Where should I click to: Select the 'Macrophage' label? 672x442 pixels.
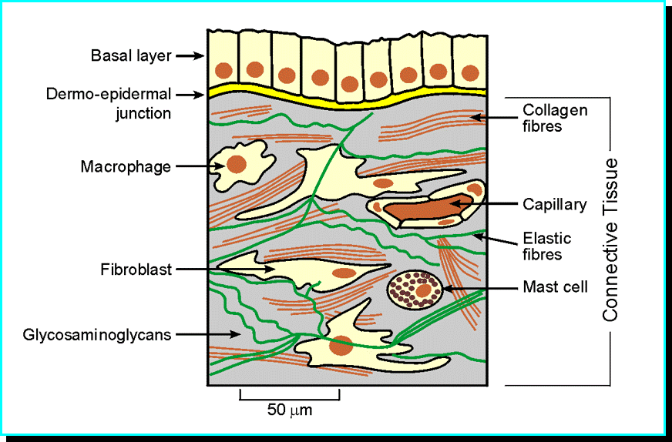click(x=126, y=166)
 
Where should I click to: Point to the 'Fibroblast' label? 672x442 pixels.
click(x=136, y=270)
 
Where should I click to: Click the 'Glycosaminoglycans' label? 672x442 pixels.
click(x=96, y=335)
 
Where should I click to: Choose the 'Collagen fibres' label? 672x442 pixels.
click(x=555, y=117)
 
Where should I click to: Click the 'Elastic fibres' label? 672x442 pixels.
click(x=547, y=246)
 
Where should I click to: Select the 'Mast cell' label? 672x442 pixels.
click(x=555, y=287)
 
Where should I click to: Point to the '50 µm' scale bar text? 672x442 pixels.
click(x=290, y=410)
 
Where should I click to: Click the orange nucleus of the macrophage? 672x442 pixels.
click(x=236, y=164)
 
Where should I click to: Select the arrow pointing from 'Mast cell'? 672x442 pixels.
click(x=478, y=289)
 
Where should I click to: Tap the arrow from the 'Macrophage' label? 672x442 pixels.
click(x=193, y=165)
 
